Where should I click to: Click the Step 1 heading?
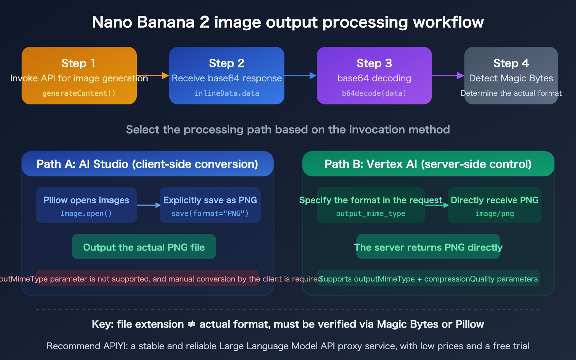(78, 63)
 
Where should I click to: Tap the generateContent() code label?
(79, 93)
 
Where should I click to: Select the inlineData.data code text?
(227, 93)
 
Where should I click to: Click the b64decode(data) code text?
(374, 93)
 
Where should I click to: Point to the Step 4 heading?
(511, 63)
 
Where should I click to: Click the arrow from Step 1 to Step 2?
(153, 76)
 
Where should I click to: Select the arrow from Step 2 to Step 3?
(301, 76)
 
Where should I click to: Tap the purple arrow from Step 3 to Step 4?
(448, 76)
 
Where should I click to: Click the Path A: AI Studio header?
(147, 164)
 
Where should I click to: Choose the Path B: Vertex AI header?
(428, 164)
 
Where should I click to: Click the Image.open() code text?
(86, 213)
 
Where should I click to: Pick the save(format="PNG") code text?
(210, 213)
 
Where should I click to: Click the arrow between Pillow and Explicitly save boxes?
(148, 205)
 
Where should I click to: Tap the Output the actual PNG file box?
(144, 247)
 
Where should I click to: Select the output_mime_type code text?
(370, 213)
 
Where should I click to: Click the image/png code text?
(494, 213)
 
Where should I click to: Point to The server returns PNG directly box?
(428, 247)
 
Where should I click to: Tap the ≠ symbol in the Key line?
(192, 324)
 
